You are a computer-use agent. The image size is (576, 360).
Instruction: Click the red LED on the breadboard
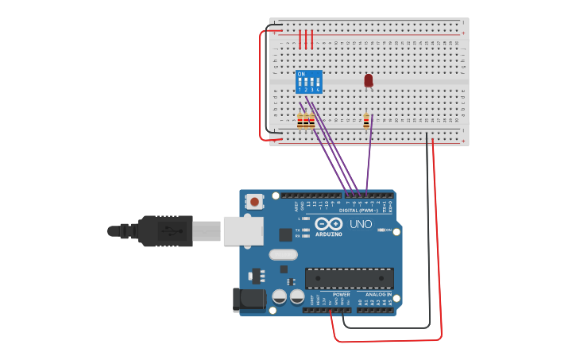[368, 80]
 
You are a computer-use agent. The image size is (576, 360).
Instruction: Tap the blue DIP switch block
[308, 82]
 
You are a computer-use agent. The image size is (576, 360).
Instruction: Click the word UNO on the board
[361, 224]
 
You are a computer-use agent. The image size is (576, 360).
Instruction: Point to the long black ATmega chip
[350, 278]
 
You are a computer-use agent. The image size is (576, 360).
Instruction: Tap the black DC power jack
[247, 300]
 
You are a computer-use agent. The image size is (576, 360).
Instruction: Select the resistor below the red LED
[366, 121]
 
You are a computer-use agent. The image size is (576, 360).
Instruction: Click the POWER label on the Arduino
[342, 294]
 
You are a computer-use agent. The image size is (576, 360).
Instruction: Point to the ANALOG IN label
[373, 294]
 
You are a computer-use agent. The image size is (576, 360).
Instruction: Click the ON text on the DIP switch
[300, 74]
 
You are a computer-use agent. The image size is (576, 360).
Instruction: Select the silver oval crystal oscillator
[283, 255]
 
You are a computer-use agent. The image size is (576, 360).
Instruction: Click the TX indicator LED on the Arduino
[306, 230]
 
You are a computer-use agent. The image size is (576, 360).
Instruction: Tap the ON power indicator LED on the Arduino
[381, 230]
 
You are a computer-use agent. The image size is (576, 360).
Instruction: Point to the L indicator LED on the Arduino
[306, 219]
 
